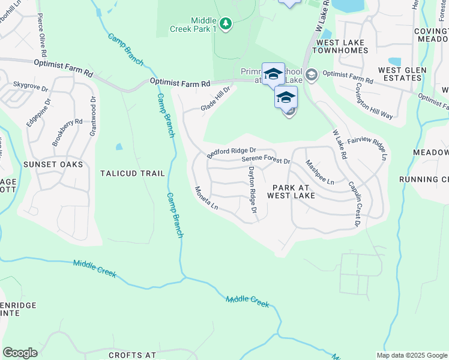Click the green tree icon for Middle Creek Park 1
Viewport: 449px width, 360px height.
[225, 24]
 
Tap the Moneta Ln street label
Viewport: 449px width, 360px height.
[206, 199]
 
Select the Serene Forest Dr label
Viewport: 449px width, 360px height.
[266, 160]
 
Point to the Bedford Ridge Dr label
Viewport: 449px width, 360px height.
[232, 149]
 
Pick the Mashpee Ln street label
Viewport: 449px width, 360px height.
[319, 172]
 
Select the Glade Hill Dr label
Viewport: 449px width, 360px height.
[215, 100]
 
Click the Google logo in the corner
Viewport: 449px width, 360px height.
[20, 353]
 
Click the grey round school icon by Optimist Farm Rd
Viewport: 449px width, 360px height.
[311, 75]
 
